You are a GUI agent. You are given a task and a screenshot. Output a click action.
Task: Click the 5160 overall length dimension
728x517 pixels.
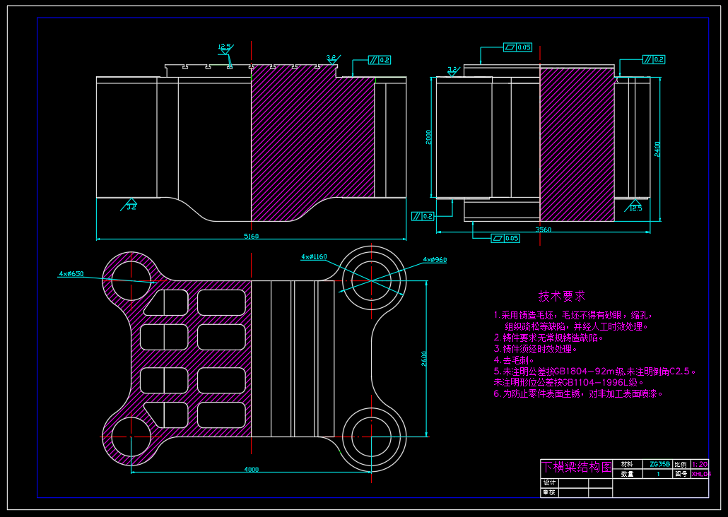251,236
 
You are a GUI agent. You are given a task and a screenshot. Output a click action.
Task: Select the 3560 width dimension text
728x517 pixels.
544,230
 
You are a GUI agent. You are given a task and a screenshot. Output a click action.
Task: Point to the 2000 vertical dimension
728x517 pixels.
428,137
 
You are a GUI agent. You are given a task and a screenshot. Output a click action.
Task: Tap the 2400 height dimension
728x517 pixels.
657,148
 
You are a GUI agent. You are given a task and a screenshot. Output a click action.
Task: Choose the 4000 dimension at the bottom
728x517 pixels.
251,469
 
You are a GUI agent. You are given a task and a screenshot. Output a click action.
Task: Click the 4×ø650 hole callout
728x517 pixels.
71,273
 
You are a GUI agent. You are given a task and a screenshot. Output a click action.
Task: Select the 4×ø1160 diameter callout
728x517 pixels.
314,256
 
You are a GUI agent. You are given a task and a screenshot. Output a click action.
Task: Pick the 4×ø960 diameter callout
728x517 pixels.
435,260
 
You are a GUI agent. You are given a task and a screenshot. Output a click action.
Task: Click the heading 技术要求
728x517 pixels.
562,296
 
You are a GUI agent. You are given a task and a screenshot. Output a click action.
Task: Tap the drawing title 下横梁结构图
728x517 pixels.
576,467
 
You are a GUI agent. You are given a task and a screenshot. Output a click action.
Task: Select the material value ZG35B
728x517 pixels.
659,465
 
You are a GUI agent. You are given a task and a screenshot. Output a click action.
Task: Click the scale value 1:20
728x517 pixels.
700,465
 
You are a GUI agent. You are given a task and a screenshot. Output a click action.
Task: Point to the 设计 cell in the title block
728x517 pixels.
550,482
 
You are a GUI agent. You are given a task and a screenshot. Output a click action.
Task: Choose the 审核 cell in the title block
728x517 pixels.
550,492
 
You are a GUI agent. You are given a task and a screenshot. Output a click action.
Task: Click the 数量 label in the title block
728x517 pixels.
627,475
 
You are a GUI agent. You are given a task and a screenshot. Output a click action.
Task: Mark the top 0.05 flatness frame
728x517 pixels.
518,47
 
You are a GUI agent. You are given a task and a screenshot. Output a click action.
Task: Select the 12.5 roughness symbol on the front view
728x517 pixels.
225,48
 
